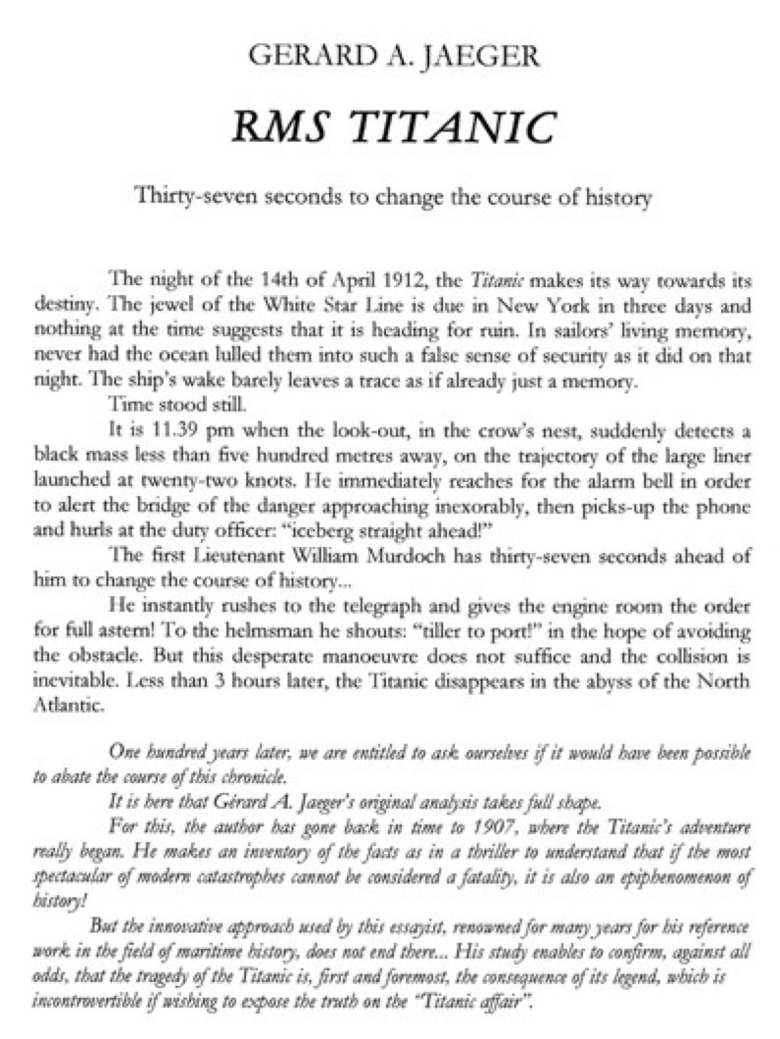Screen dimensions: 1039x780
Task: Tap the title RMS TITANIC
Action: [390, 126]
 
